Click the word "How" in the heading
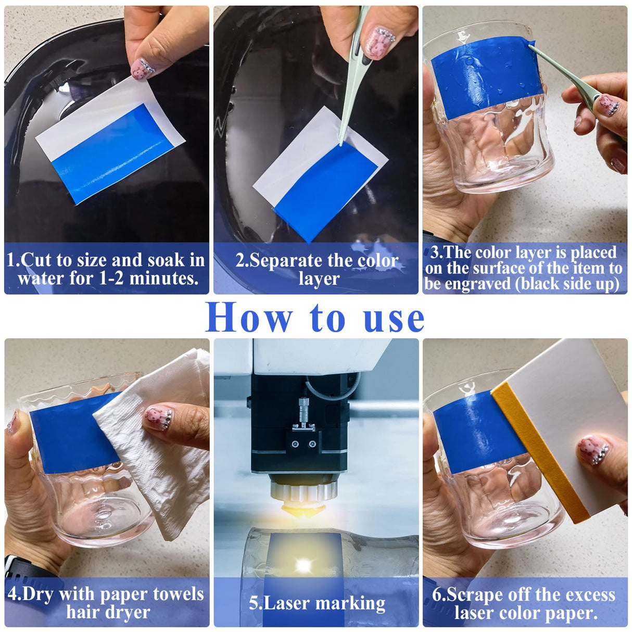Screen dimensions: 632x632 click(x=249, y=317)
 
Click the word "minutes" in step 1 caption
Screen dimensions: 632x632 click(x=163, y=279)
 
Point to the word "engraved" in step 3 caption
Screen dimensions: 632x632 click(x=478, y=284)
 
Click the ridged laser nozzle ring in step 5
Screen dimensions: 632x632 click(x=304, y=491)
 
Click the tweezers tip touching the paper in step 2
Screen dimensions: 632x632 click(x=342, y=143)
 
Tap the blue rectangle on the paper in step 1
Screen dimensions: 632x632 click(x=113, y=154)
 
